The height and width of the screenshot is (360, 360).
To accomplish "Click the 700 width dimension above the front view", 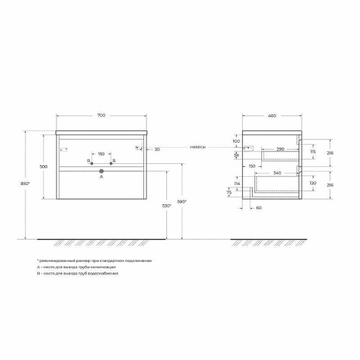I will coord(101,116).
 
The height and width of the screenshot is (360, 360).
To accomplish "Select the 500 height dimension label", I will coord(44,166).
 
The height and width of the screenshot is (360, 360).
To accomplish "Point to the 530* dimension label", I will coord(166,205).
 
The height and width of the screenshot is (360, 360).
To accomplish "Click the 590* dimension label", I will coord(182,201).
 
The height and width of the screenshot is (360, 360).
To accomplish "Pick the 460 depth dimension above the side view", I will coord(272,116).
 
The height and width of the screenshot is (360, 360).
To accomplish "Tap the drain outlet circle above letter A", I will coord(101,169).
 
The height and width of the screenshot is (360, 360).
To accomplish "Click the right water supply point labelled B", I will coord(111,163).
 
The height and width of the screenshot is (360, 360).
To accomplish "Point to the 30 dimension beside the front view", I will coord(157,149).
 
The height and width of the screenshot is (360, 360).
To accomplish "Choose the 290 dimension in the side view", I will coord(280,150).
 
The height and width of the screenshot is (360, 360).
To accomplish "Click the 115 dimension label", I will coord(313,152).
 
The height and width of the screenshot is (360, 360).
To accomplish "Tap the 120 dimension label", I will coord(313,184).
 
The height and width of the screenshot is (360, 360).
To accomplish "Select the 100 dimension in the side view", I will coord(237,141).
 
